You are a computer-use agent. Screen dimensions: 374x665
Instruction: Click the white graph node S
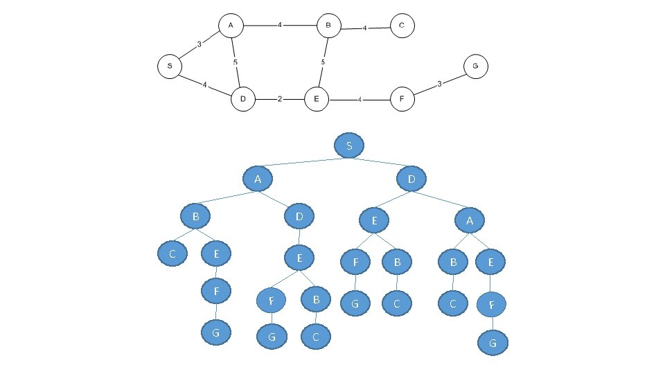[170, 66]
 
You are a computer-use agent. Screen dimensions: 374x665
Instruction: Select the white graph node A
[231, 26]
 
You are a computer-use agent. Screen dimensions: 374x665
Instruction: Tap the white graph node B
[328, 26]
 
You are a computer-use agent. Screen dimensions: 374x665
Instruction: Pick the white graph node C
[402, 26]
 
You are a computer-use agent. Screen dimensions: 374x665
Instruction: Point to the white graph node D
[243, 100]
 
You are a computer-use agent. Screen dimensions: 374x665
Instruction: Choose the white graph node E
[316, 100]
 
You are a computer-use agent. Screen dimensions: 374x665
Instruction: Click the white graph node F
[402, 99]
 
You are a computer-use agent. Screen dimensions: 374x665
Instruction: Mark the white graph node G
[475, 66]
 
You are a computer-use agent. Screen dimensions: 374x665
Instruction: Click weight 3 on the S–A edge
[199, 44]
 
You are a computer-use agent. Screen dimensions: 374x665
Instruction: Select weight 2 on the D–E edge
[279, 99]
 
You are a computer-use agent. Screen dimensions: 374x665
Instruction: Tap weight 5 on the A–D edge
[236, 62]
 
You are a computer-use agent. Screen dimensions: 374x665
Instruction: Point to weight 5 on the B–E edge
[323, 62]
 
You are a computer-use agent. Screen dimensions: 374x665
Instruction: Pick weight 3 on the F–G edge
[439, 84]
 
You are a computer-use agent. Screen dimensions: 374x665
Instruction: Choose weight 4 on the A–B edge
[280, 26]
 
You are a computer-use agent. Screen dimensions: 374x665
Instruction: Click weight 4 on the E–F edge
[360, 100]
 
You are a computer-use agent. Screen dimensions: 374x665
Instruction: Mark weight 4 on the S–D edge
[204, 84]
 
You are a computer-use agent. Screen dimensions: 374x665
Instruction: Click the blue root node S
[348, 145]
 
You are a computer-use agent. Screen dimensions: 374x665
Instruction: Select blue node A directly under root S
[257, 180]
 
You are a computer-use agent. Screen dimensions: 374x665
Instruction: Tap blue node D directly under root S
[411, 180]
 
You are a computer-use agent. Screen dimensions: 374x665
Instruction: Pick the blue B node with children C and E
[196, 217]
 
